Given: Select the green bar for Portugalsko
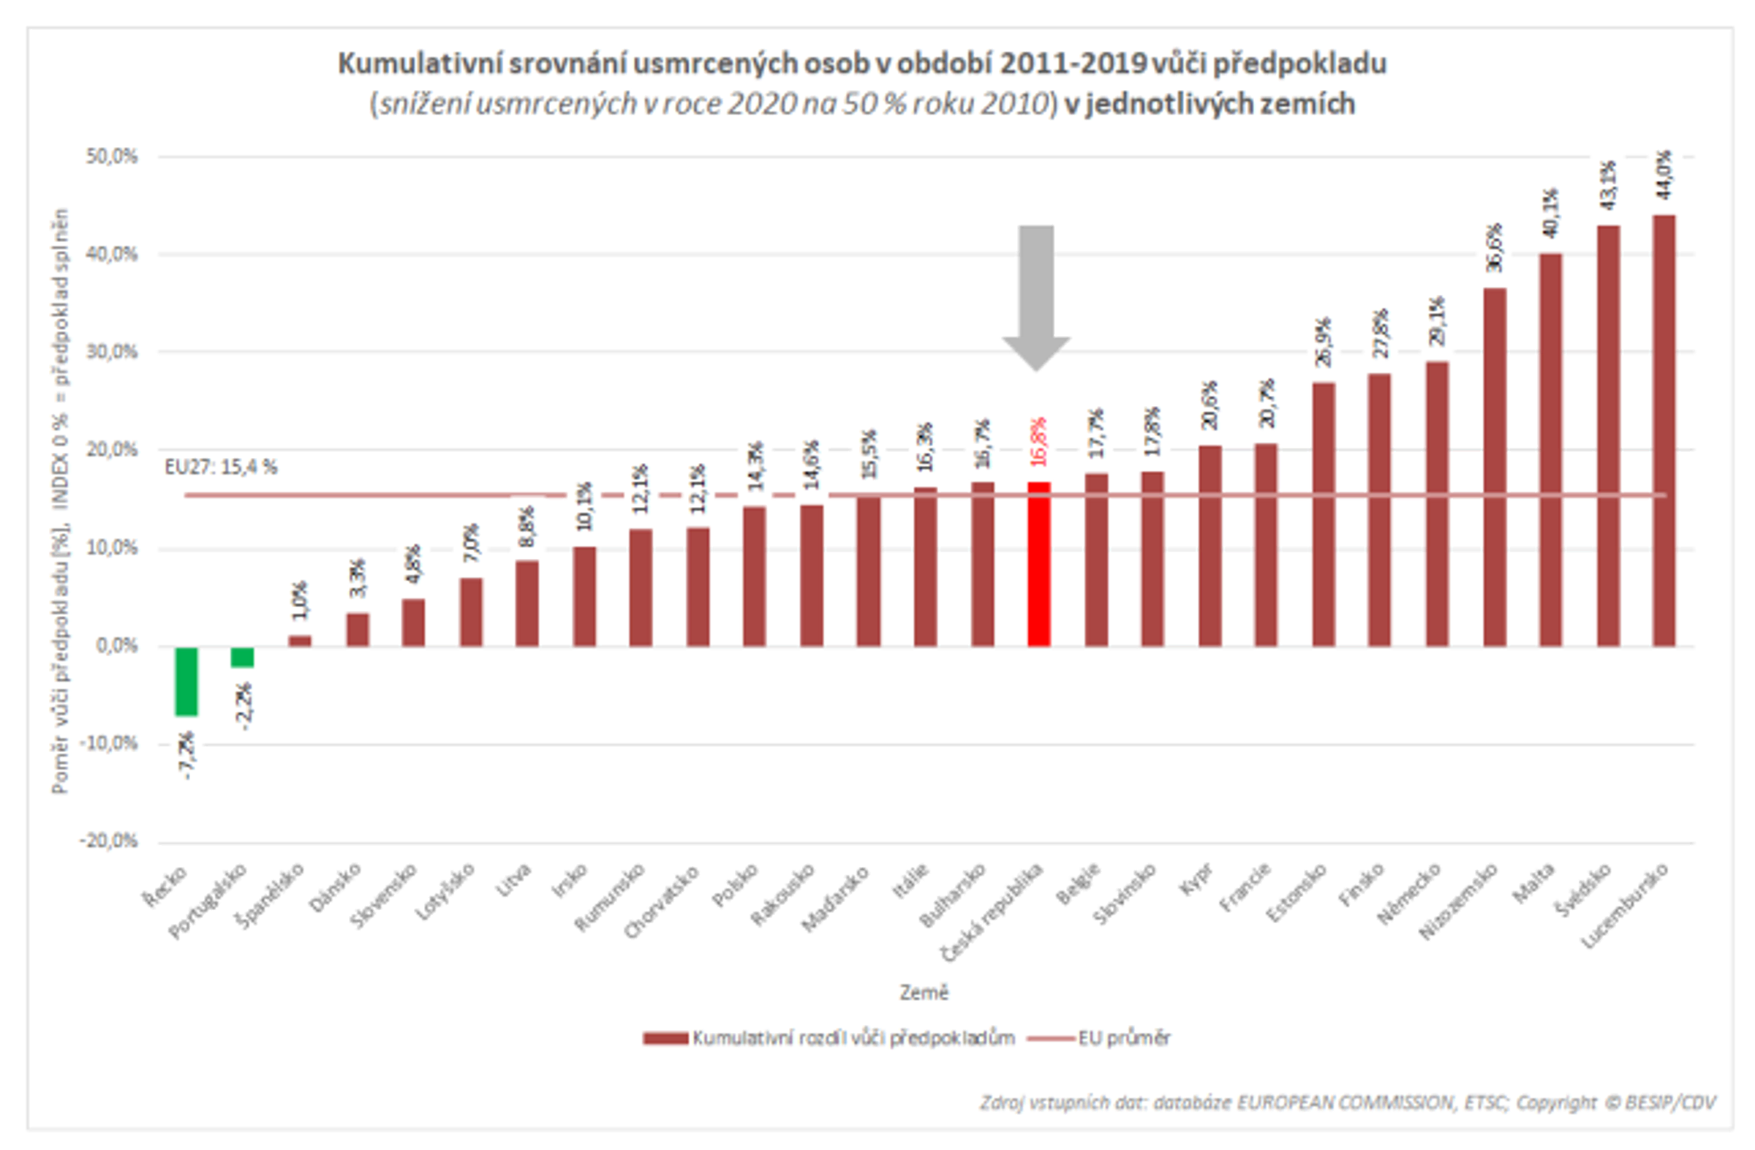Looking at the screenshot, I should [x=243, y=656].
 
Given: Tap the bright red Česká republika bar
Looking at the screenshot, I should [x=1038, y=564].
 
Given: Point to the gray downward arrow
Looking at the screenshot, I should [x=1036, y=295].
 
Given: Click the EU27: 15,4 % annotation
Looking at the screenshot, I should [x=221, y=467].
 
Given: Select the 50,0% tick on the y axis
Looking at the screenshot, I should [x=112, y=157].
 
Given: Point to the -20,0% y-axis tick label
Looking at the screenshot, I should [x=109, y=841].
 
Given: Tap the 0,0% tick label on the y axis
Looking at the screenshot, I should [x=116, y=646].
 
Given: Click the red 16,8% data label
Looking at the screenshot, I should [x=1038, y=441].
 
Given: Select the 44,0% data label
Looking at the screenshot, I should [x=1664, y=175].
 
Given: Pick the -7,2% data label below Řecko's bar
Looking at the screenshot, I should [x=187, y=754].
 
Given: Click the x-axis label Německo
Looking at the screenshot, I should [x=1409, y=893].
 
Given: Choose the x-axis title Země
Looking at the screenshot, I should [x=924, y=992].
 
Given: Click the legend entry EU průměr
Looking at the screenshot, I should [x=1124, y=1038].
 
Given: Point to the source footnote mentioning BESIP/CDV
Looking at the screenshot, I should [x=1347, y=1102].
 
